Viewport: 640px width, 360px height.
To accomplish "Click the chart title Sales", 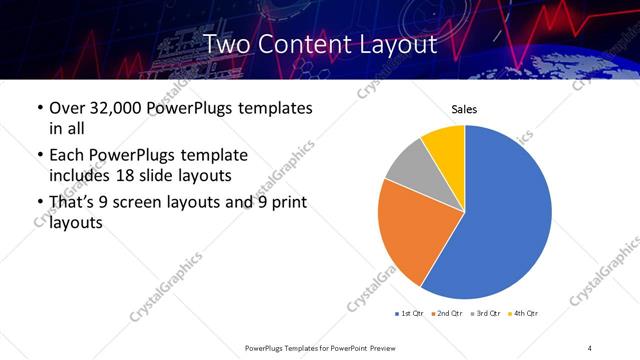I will point(465,109).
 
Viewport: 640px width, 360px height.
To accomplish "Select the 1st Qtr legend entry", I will point(412,314).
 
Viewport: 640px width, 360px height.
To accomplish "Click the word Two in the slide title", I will point(229,44).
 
